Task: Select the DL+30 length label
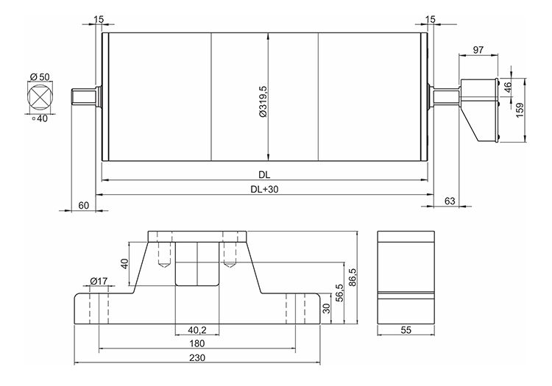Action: (x=264, y=189)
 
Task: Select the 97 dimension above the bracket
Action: (x=478, y=49)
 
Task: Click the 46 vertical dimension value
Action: (x=507, y=86)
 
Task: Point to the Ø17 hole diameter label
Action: (x=98, y=280)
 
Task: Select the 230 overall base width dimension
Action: (x=197, y=357)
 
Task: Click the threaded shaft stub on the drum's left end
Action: (x=84, y=96)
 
